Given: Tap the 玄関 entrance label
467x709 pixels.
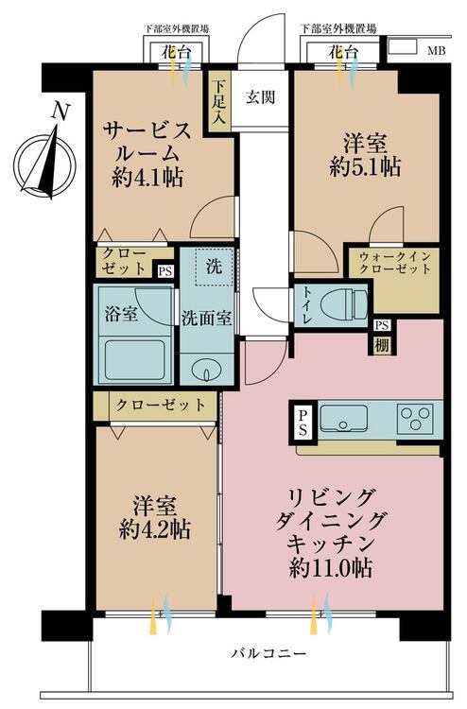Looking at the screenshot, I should [x=262, y=95].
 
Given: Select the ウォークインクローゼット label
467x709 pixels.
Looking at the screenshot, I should [x=395, y=262].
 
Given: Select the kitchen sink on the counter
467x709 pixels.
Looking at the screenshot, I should [x=349, y=417].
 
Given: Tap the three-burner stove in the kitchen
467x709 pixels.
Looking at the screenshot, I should [x=415, y=417].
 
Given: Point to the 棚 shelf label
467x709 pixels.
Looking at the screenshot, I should [x=382, y=342].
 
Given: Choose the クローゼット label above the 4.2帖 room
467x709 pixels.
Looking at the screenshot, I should [x=161, y=405].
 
